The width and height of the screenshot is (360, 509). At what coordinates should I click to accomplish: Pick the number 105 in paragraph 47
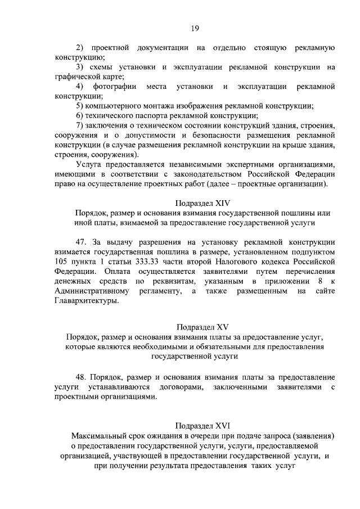coord(62,261)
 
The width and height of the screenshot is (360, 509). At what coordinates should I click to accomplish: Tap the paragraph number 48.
coord(82,376)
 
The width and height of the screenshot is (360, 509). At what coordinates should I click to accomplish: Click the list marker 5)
coord(79,106)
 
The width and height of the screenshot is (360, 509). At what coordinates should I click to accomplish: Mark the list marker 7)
coord(79,124)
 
